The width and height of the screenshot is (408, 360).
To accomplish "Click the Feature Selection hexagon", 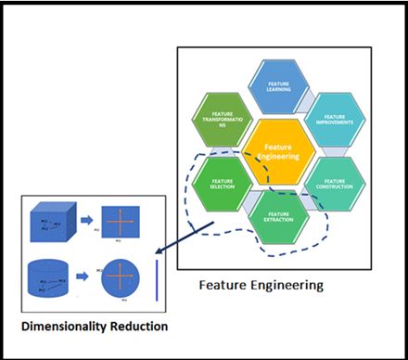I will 223,186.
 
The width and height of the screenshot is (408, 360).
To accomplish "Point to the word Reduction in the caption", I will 135,328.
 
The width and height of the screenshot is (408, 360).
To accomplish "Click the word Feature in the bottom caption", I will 223,285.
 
